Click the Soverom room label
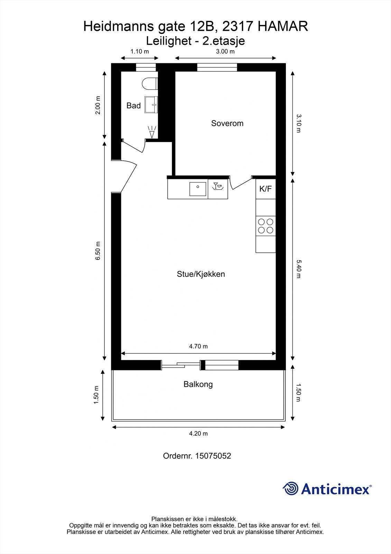tap(227, 123)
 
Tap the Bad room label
tap(133, 106)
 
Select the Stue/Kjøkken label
tap(201, 274)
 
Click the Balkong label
tap(198, 384)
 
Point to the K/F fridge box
tap(266, 189)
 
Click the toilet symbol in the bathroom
tap(150, 84)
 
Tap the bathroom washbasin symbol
tap(151, 105)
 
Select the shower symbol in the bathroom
tap(151, 132)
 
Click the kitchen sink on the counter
tap(198, 189)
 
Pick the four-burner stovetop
tap(266, 226)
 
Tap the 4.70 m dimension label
tap(198, 346)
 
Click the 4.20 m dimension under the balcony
tap(198, 434)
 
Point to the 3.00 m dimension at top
tap(225, 52)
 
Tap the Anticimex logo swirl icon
tap(290, 489)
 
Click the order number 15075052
tap(213, 456)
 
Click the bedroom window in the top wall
tap(217, 67)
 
